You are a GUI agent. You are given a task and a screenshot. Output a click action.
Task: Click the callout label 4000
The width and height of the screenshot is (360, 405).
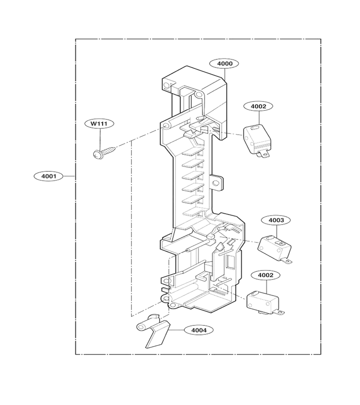pos(224,63)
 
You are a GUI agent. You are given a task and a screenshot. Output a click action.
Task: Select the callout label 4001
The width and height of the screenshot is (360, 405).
pos(49,176)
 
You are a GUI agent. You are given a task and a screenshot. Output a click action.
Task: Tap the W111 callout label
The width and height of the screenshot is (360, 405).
pos(99,123)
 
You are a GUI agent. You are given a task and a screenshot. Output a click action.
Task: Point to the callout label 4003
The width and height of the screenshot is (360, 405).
pos(276,220)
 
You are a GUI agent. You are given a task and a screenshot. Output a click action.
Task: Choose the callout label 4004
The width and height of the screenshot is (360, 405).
pos(199,330)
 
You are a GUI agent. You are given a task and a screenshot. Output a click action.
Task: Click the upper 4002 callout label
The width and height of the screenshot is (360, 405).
pos(258,106)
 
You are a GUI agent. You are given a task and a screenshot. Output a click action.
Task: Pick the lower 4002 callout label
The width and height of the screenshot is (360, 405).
pos(265,275)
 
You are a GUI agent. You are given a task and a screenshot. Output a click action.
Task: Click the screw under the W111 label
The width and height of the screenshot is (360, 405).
pos(104,152)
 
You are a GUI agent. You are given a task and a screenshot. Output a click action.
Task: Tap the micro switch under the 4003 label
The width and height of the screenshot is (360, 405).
pos(274,248)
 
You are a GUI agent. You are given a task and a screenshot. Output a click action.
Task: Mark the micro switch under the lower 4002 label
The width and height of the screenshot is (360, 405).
pos(265,303)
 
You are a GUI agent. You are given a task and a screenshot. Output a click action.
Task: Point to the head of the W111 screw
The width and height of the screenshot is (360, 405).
pos(97,154)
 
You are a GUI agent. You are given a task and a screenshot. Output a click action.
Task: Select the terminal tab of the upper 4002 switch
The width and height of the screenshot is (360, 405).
pos(263,154)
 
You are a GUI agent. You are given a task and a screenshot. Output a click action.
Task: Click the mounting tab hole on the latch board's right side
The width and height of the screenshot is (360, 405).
pos(215,183)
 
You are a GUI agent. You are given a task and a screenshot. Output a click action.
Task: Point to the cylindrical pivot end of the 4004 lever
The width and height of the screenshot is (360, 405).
pos(142,327)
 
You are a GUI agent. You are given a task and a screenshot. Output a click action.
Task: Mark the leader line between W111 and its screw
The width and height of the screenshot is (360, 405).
pos(100,139)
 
